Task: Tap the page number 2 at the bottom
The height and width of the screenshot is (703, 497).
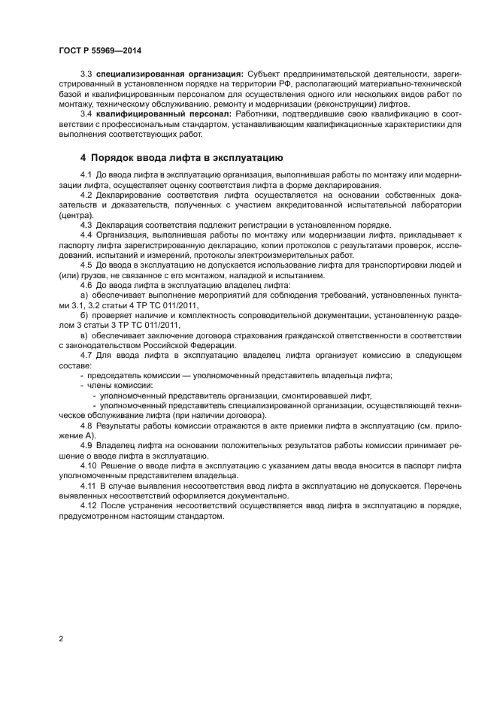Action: (60, 639)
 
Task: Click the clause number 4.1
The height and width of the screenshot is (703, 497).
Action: (86, 176)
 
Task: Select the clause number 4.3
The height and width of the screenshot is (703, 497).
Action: (86, 225)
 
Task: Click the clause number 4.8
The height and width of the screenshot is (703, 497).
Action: (86, 426)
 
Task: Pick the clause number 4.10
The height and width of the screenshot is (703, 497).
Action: (88, 465)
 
